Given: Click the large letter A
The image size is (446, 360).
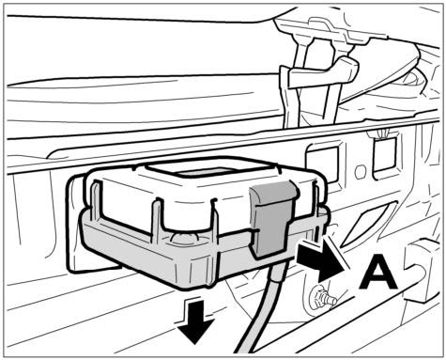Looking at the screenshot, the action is [x=377, y=272].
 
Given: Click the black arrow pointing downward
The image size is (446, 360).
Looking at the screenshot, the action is [x=195, y=321].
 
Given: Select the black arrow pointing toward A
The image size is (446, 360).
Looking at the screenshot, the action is [x=322, y=261].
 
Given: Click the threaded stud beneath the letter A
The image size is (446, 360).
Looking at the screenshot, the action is [x=322, y=298].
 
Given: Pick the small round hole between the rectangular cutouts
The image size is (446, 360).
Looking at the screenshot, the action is [x=361, y=171].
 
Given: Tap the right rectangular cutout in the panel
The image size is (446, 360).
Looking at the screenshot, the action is [x=384, y=154].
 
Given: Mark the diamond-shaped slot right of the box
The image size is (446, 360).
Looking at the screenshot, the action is [x=369, y=223].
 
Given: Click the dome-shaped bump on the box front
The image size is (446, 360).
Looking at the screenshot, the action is [x=186, y=239].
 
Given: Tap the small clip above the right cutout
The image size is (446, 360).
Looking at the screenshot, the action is [x=381, y=134].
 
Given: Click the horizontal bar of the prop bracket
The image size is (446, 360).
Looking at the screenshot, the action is [x=322, y=72].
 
